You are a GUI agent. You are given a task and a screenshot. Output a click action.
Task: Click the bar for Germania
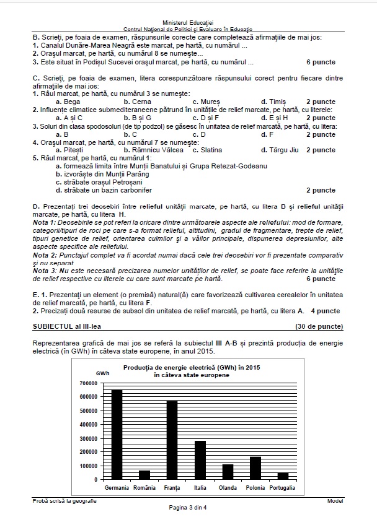point(117,434)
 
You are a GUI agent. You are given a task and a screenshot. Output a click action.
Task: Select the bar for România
point(144,475)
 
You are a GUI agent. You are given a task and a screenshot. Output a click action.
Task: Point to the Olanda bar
point(228,472)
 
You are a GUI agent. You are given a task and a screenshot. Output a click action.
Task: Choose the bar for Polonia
point(255,468)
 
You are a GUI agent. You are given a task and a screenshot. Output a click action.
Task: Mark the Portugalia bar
point(283,476)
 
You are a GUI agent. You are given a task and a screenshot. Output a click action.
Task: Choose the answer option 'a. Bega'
point(68,102)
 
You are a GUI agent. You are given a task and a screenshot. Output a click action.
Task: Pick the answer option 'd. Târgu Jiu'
point(280,150)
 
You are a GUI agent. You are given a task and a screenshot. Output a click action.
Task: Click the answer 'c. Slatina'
point(208,150)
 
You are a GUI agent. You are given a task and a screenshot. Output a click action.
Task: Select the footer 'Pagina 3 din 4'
point(188,508)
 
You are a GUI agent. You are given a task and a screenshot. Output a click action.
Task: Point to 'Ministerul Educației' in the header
point(188,22)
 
